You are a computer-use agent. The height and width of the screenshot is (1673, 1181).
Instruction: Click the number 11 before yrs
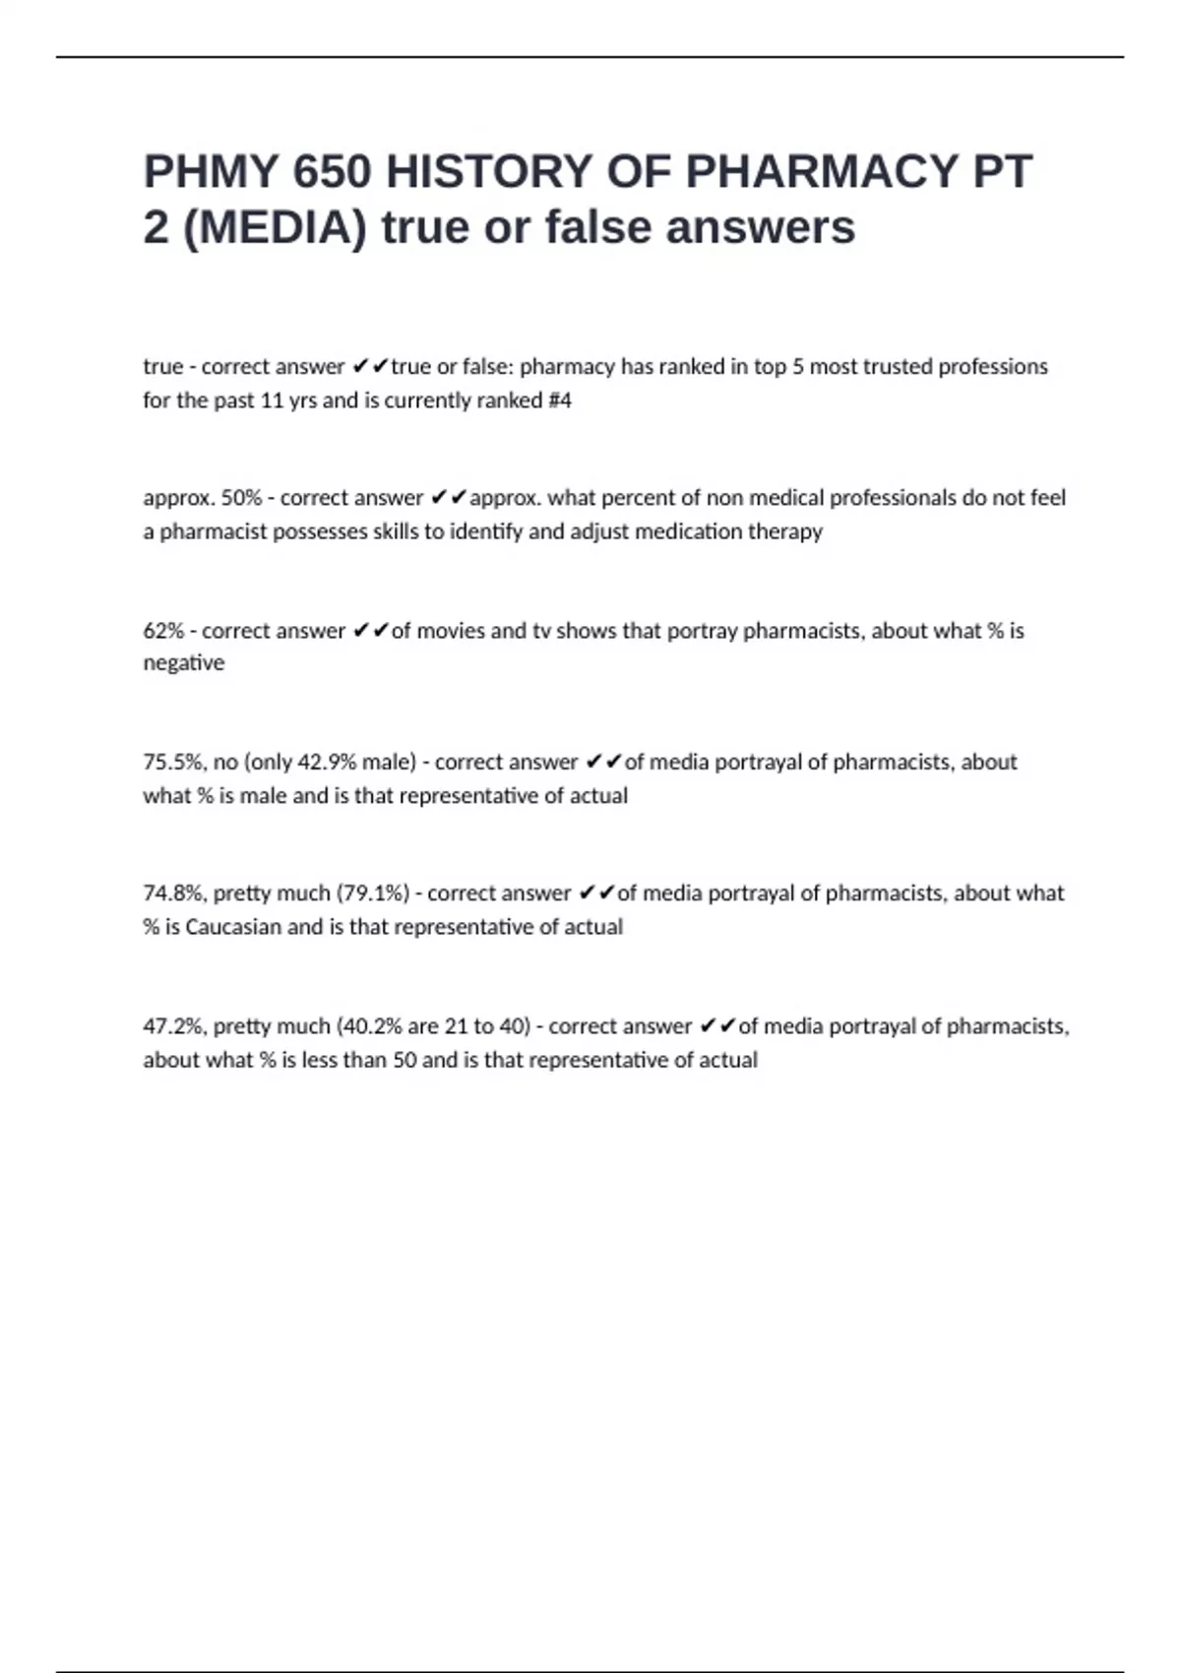pos(272,401)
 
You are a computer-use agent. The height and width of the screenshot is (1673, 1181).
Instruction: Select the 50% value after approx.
pos(241,498)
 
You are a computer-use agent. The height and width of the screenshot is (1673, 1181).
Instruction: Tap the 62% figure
pos(163,631)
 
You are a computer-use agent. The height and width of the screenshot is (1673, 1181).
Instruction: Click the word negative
pos(183,663)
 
